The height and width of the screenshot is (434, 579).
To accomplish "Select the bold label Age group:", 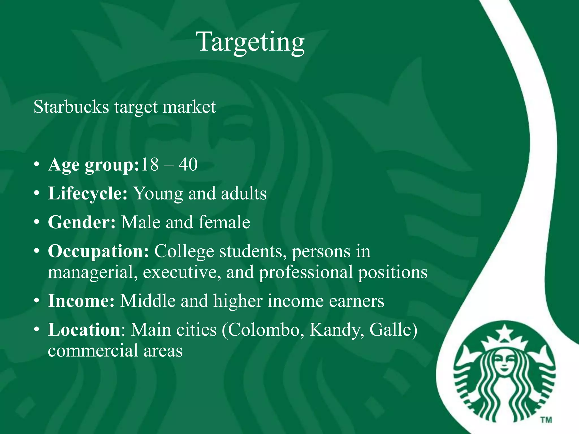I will point(94,165).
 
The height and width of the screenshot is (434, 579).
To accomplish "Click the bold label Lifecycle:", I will point(88,194).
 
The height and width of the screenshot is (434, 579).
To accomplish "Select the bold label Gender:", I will point(82,222).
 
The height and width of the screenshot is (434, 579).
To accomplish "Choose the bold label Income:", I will point(81,301).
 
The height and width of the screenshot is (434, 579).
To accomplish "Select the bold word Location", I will point(84,330).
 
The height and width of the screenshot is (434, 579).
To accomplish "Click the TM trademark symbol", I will point(546,420).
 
